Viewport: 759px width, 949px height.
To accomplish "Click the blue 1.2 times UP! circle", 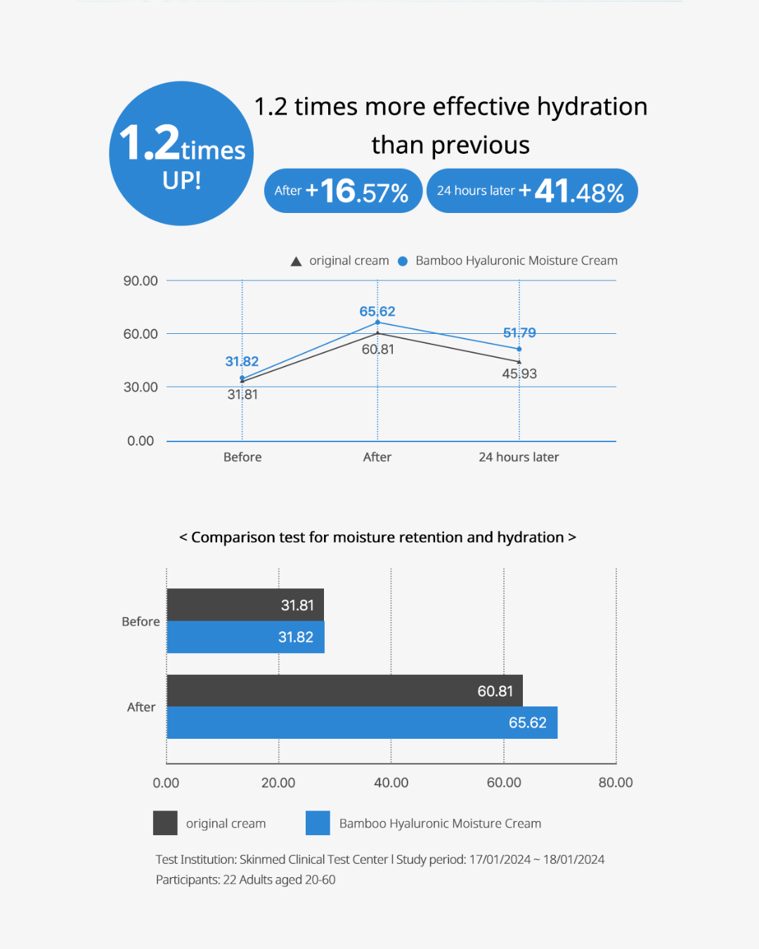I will (x=181, y=153).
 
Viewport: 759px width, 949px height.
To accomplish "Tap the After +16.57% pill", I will (x=343, y=191).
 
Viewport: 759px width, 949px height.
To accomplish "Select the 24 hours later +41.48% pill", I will (x=531, y=191).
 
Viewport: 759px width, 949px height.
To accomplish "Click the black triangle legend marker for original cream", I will (x=296, y=262).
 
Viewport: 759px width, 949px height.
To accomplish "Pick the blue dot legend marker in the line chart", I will (x=403, y=262).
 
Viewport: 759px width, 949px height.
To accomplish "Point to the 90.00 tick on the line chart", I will (x=141, y=281).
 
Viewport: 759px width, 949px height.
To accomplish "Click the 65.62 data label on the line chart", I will (x=377, y=311).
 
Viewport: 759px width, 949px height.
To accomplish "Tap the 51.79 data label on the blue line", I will (x=519, y=333).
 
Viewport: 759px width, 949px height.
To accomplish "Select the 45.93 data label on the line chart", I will (x=519, y=374).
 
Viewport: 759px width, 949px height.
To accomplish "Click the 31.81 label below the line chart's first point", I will (x=242, y=395).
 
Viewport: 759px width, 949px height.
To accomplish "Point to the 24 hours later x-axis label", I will (x=519, y=457).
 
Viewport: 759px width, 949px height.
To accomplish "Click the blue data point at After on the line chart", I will (x=377, y=322).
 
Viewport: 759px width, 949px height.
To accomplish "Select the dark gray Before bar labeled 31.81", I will (x=245, y=605).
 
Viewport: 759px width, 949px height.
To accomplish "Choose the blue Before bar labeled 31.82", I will (x=245, y=637).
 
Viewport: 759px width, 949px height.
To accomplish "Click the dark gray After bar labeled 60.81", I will (x=344, y=690).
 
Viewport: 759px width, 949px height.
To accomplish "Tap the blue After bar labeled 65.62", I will (x=362, y=723).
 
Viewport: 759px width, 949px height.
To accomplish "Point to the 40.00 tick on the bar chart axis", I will (x=391, y=782).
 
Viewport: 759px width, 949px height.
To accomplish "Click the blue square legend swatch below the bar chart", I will (x=318, y=823).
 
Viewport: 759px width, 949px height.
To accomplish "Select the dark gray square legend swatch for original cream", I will (x=165, y=823).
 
